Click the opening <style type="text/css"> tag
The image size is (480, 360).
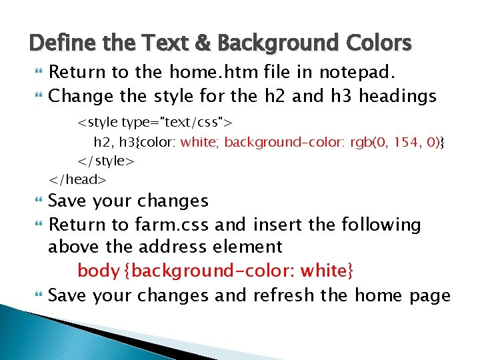coord(155,123)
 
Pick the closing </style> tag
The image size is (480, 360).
coord(107,161)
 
